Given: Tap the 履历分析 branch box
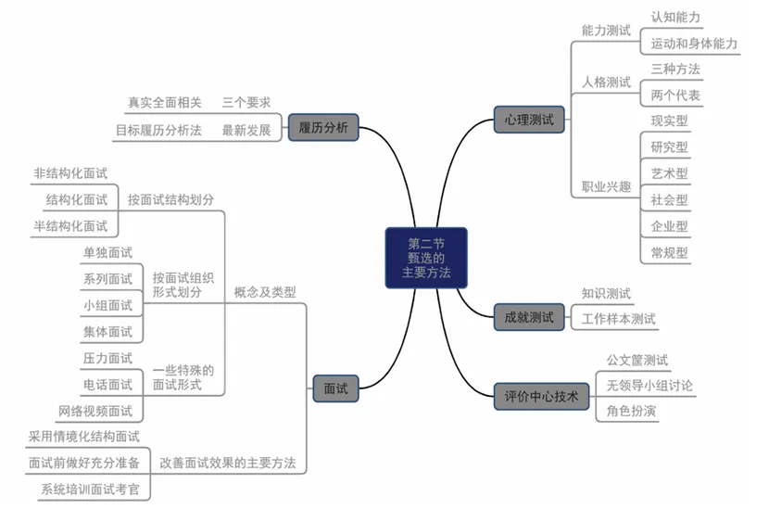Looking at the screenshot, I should click(x=323, y=127).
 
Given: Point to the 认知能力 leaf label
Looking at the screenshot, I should click(x=675, y=18).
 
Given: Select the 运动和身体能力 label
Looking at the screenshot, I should click(x=694, y=44).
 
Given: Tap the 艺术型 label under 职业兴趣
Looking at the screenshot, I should click(x=669, y=173).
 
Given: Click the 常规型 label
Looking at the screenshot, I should click(x=669, y=252).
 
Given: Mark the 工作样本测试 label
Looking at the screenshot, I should click(x=619, y=319).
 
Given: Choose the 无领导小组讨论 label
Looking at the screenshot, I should click(x=649, y=385).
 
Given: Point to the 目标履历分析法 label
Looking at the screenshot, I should click(x=158, y=131).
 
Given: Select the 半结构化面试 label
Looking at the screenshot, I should click(x=70, y=225).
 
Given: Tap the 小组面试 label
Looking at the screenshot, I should click(x=107, y=305).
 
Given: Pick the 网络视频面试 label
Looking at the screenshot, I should click(x=95, y=411).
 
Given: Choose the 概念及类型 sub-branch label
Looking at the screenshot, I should click(x=265, y=291).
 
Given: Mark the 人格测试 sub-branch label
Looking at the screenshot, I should click(x=606, y=83).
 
